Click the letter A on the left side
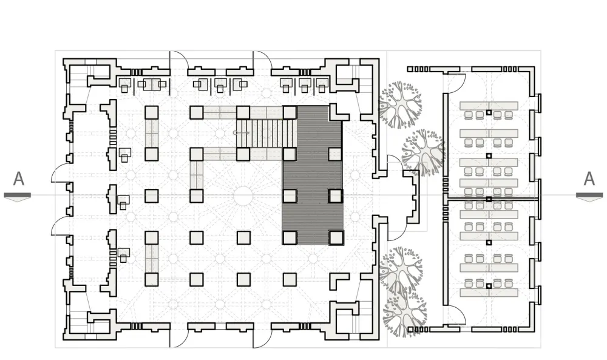19,180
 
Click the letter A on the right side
589,180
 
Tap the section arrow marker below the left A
18,196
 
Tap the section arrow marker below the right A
589,196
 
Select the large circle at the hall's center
243,195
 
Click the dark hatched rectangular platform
313,176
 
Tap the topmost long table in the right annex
489,106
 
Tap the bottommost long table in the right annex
489,293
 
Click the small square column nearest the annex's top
489,113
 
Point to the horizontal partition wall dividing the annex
492,199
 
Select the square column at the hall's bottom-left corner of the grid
151,279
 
